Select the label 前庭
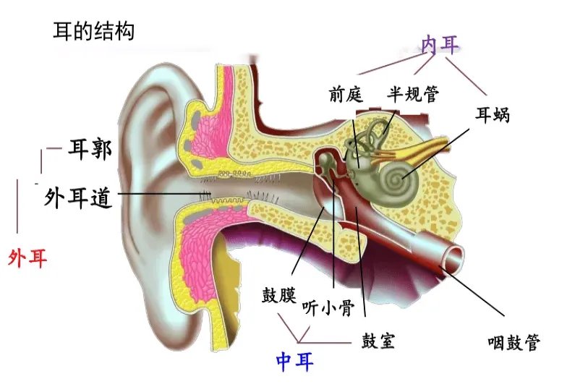tap(346, 94)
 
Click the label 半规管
tap(413, 94)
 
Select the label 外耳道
tap(77, 197)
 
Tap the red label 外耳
tap(27, 258)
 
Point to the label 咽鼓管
tap(514, 342)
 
